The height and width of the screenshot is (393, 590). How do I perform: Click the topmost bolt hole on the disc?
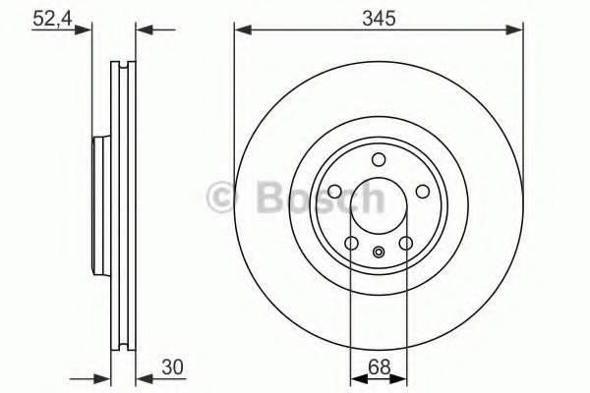click(x=379, y=160)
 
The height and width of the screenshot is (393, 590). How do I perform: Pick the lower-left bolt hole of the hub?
click(x=351, y=244)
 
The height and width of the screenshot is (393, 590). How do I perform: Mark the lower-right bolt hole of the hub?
click(x=405, y=244)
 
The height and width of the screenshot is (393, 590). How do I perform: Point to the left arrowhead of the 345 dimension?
click(x=240, y=29)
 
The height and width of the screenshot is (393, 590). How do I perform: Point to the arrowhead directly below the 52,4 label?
click(x=86, y=29)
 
